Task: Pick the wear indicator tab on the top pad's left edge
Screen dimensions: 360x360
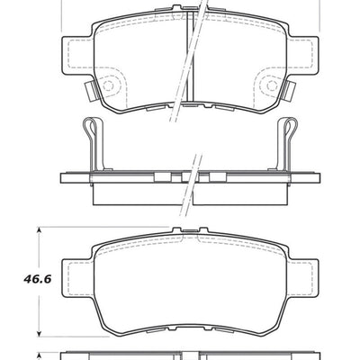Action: coord(88,90)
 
